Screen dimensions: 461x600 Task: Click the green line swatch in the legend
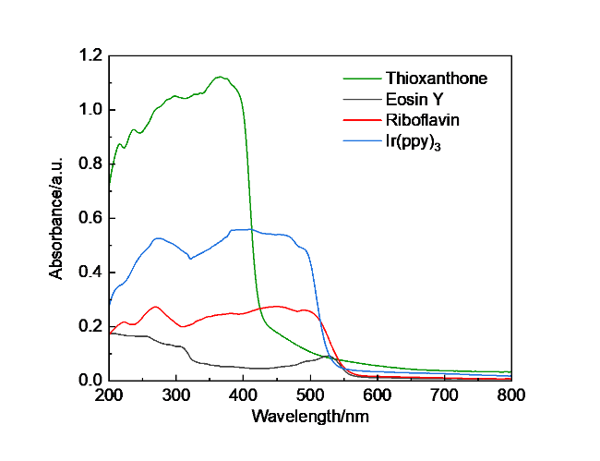[x=363, y=79]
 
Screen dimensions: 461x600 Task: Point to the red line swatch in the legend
[x=363, y=121]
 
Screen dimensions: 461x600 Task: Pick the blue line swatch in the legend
[x=363, y=141]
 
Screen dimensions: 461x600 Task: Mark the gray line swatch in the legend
[x=363, y=100]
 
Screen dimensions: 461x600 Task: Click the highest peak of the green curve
[x=221, y=77]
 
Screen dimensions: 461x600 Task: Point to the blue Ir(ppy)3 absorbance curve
[x=277, y=234]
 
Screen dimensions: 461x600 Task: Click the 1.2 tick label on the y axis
[x=89, y=55]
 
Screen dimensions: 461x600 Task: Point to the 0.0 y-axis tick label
[x=89, y=380]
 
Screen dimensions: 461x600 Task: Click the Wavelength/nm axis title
[x=311, y=417]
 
